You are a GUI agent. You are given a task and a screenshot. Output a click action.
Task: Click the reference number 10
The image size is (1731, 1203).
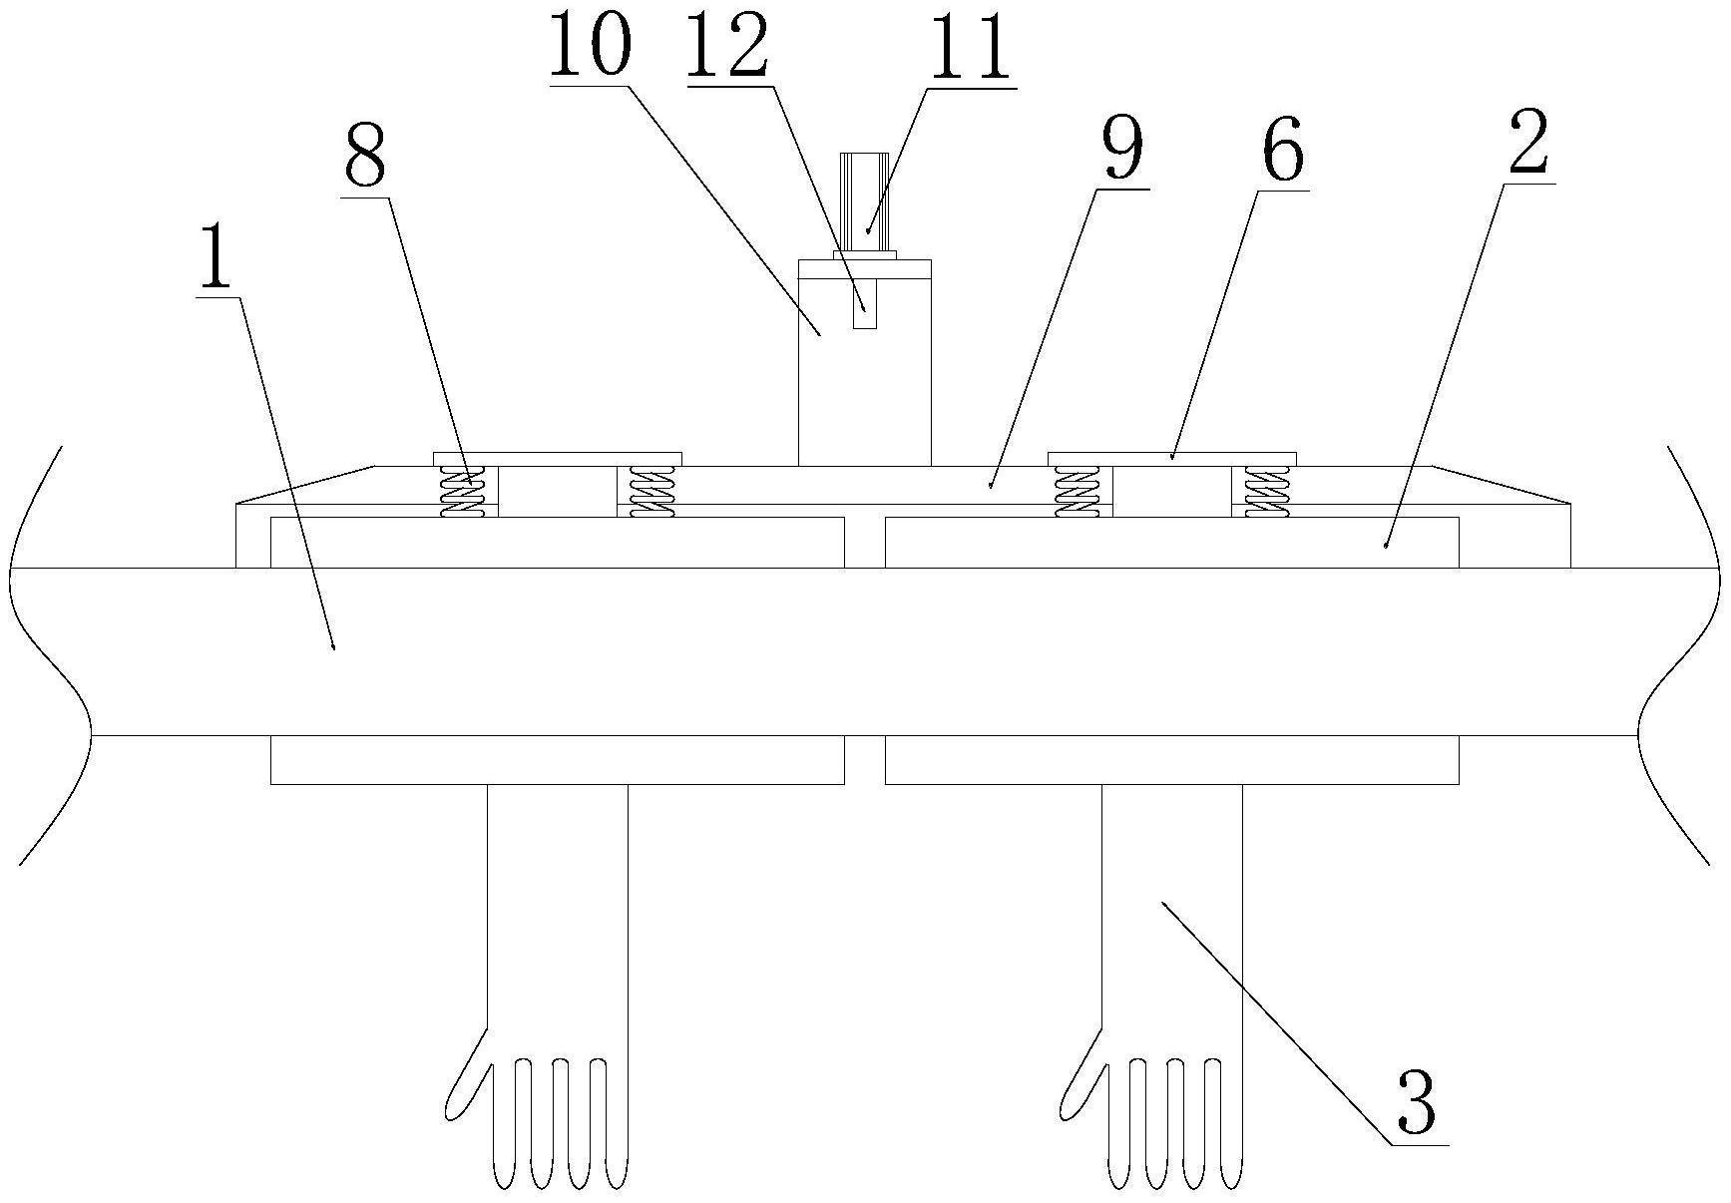coord(590,45)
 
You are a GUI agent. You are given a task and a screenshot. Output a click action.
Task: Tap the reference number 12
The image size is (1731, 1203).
coord(727,48)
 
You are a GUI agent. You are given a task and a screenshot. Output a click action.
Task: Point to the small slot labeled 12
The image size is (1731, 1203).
coord(865,304)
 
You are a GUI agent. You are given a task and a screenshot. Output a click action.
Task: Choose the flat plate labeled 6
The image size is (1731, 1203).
coord(1171,458)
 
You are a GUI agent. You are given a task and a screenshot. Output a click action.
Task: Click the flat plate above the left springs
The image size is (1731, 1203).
coord(557,458)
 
